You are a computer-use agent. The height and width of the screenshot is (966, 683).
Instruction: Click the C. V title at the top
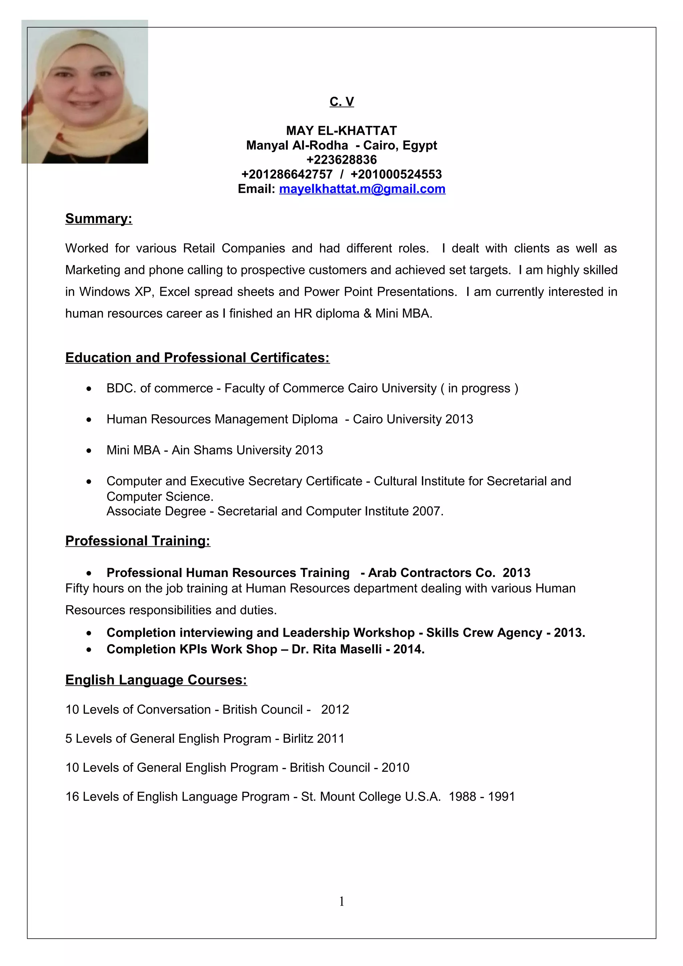[341, 101]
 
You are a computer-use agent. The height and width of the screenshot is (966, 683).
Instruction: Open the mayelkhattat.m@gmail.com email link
[362, 189]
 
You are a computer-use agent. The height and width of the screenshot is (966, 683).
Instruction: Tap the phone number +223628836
[341, 160]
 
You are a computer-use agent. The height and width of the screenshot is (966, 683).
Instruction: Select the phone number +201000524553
[396, 174]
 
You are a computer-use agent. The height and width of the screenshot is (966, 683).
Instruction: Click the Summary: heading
[98, 218]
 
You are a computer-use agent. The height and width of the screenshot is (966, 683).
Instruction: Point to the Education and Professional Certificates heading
[197, 358]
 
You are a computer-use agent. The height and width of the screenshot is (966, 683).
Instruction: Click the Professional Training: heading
[138, 541]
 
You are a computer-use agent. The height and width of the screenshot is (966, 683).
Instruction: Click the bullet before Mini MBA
[89, 451]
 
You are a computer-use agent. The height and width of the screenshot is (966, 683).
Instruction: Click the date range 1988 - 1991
[482, 796]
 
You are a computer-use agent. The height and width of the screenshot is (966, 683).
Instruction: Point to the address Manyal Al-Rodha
[297, 146]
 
